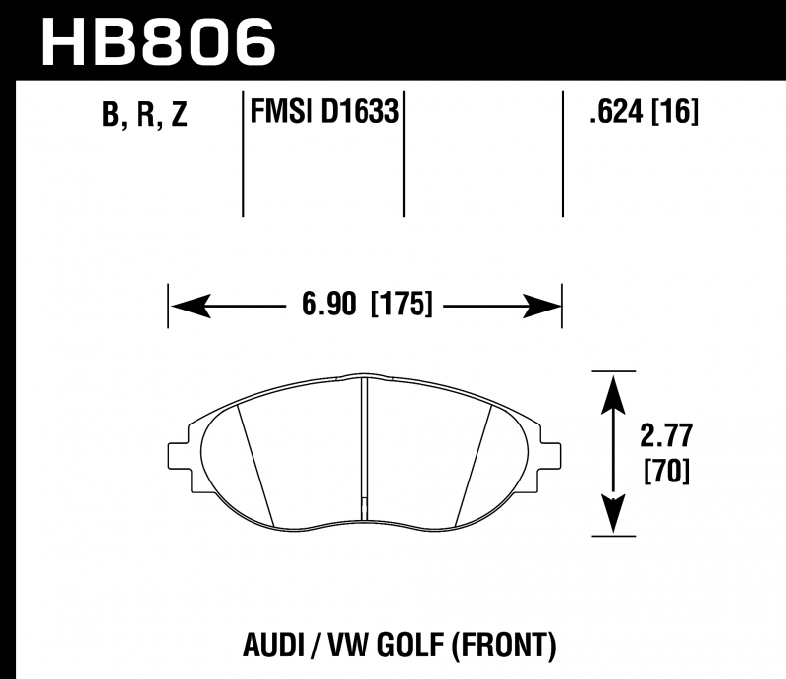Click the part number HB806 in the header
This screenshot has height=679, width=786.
pos(158,41)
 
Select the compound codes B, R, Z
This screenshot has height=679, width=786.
pos(144,114)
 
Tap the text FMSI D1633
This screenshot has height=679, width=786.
pos(324,111)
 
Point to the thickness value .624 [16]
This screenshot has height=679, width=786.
pos(644,111)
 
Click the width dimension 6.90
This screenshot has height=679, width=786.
pos(329,304)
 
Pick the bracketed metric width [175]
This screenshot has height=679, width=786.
pos(402,304)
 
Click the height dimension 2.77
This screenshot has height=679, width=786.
pos(666,435)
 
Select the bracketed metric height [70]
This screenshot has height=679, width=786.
pos(667,472)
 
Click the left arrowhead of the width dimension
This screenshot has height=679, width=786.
pos(191,306)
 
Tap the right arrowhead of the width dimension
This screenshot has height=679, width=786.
pos(541,306)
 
